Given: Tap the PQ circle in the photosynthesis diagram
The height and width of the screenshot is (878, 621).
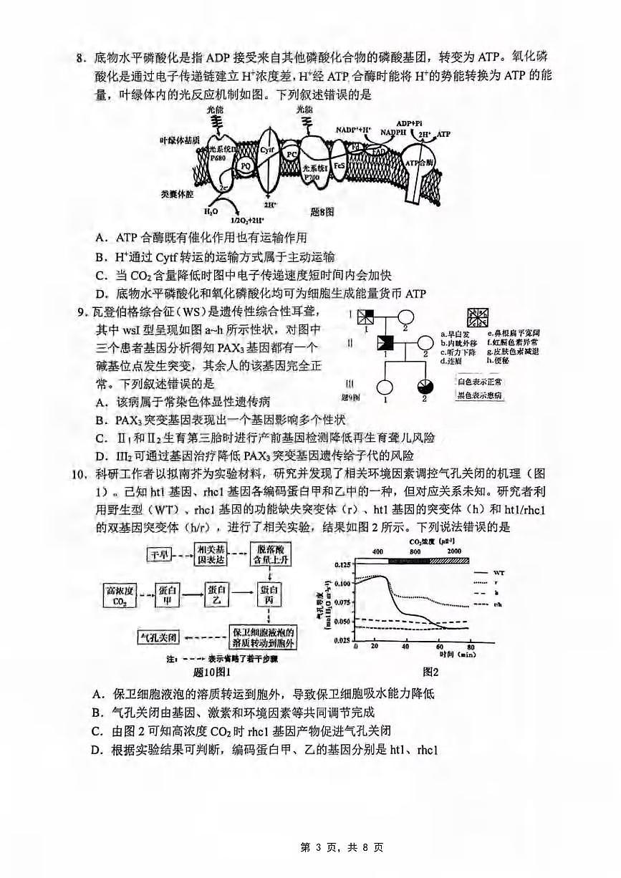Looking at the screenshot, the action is tap(244, 165).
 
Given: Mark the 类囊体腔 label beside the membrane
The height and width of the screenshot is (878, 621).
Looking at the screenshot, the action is tap(176, 193).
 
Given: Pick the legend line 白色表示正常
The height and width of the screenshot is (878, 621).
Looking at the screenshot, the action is tap(476, 382).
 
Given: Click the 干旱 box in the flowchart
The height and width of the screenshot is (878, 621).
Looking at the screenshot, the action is tap(162, 554).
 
